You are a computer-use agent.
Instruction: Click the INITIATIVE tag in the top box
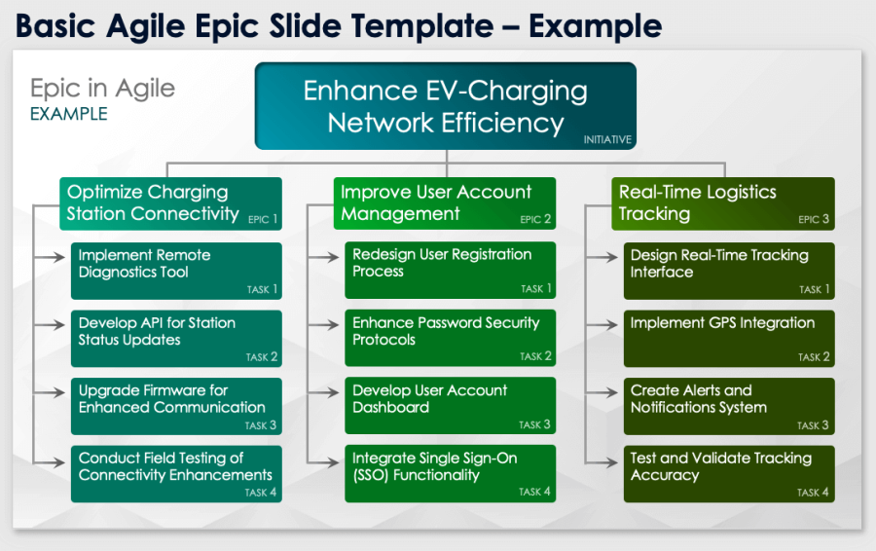click(x=607, y=139)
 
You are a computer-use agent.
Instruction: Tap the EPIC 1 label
click(x=263, y=219)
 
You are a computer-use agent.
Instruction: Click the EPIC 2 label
click(x=536, y=219)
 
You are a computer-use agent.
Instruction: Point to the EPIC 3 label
click(x=814, y=219)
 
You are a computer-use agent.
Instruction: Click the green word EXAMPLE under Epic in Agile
click(x=68, y=114)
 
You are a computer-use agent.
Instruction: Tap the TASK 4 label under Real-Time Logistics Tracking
click(x=814, y=493)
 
